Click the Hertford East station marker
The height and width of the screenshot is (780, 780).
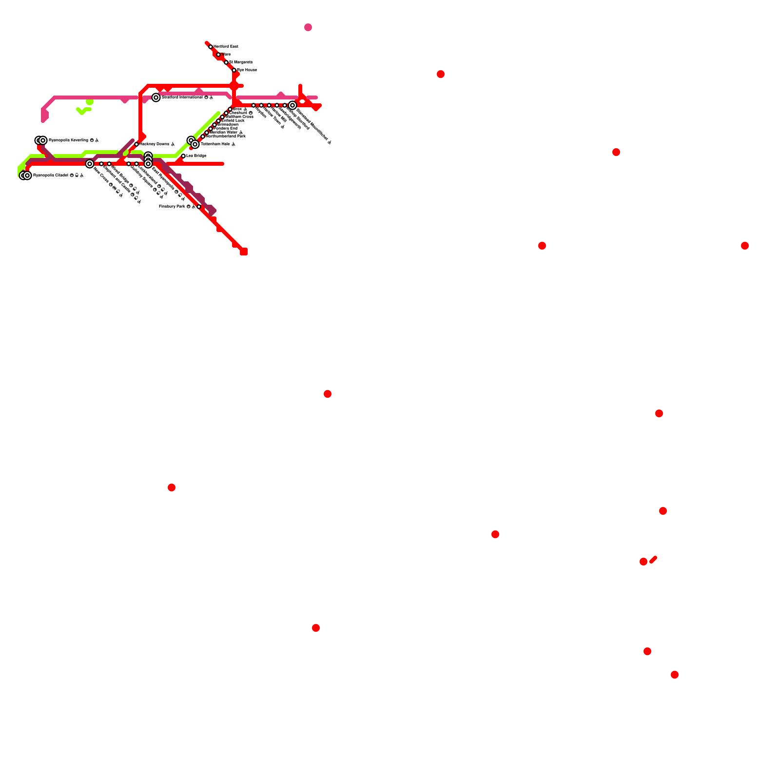[211, 47]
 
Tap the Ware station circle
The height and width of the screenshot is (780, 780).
[218, 55]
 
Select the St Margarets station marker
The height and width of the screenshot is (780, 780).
[226, 62]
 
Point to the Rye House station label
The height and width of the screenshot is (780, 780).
[247, 70]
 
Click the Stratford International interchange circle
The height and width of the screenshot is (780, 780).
[156, 97]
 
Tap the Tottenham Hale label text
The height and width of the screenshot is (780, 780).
[215, 144]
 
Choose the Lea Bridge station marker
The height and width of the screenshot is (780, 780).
[183, 156]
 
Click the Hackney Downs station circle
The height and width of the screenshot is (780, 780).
[136, 144]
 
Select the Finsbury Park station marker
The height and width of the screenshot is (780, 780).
[199, 207]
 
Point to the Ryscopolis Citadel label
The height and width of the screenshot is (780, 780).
[51, 175]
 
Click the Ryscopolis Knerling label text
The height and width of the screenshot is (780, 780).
[68, 140]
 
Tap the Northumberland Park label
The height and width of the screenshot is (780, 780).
[226, 136]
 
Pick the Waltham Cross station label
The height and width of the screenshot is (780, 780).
[239, 117]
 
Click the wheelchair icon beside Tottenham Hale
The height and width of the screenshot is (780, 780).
[234, 144]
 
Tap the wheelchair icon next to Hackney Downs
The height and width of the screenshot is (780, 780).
[173, 144]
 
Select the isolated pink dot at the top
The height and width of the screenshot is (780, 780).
[308, 27]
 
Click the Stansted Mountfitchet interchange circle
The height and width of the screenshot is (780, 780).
[292, 105]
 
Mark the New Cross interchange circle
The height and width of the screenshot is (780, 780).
[90, 164]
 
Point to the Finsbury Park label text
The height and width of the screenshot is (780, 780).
[172, 207]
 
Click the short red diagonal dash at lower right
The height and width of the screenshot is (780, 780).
[653, 559]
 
